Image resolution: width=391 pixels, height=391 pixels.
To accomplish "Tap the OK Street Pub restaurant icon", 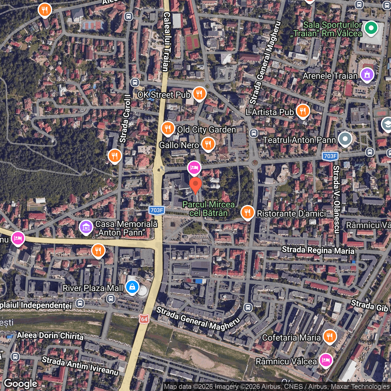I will click(199, 93).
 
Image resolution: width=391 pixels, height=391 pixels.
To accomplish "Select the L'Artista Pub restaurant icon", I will click(303, 111).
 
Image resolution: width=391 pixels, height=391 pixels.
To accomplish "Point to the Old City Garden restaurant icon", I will click(168, 129).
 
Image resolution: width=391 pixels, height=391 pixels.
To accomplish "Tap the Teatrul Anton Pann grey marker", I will click(345, 139).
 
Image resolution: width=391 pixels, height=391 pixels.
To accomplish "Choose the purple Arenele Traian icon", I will click(367, 75).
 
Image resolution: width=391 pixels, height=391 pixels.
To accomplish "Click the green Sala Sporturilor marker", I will click(371, 28).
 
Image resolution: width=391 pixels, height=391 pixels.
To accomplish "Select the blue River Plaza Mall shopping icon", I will click(132, 287).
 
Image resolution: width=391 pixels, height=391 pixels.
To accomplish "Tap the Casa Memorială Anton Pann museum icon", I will click(86, 227).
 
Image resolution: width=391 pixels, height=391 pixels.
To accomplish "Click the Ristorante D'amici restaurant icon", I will click(247, 212).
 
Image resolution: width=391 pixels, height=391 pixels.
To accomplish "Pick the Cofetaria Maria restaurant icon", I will click(330, 336).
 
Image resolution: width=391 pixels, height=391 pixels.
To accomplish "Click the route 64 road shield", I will click(144, 319).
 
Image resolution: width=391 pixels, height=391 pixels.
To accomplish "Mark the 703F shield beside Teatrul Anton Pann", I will click(330, 156).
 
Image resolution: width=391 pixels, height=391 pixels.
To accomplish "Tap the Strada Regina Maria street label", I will click(318, 250).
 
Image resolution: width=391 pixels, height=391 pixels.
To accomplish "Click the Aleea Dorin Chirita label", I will click(50, 336).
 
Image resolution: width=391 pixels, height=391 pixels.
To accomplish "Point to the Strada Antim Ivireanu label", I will click(80, 365).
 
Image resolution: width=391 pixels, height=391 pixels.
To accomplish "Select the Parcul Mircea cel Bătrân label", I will click(209, 209).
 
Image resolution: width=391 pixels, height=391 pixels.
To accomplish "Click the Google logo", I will click(21, 384).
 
